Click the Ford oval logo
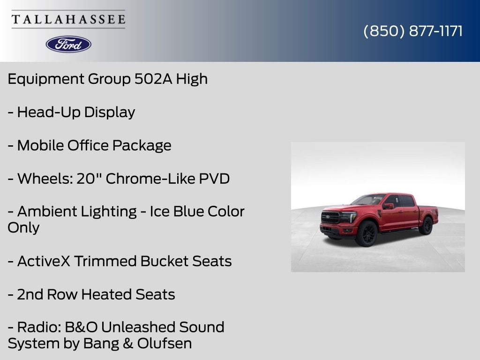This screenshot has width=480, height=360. tap(68, 45)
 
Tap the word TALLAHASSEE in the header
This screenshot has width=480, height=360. tap(68, 19)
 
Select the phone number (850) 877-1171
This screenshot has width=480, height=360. tap(413, 31)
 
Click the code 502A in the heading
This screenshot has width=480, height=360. tap(153, 79)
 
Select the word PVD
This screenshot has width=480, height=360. tap(214, 179)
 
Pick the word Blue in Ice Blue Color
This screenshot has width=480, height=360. tap(188, 211)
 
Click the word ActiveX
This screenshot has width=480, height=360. tap(44, 261)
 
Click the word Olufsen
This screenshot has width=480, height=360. tap(165, 343)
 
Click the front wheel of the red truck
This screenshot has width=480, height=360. tap(367, 234)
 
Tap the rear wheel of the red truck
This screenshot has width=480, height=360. tap(427, 225)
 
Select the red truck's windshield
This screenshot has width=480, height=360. tap(369, 200)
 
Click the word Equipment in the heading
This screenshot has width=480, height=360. tap(45, 79)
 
